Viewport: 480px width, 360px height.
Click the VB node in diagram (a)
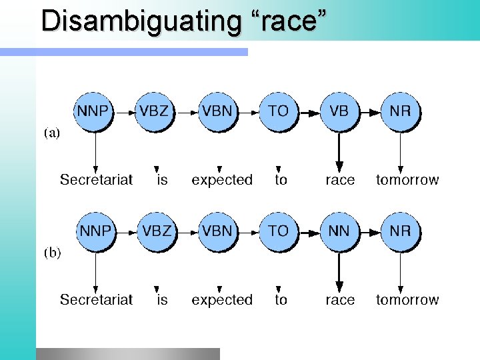339,111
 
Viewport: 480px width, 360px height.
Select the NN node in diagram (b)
339,232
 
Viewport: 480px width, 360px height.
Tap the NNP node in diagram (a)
95,111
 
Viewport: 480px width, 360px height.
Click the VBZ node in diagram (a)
154,111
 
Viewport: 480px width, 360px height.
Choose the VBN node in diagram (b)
218,232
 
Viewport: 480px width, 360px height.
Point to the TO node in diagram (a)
279,111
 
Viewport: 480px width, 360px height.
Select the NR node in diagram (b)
400,232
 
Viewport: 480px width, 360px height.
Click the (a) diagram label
51,133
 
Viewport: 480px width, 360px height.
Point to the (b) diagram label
51,254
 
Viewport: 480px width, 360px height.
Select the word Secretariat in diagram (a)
96,180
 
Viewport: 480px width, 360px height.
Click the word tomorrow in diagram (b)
407,300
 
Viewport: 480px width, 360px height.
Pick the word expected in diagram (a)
222,180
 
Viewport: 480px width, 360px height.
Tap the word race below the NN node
340,300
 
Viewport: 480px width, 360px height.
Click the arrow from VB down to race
339,150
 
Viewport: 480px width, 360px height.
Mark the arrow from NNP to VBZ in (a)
125,112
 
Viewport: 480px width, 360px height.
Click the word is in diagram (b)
162,300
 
